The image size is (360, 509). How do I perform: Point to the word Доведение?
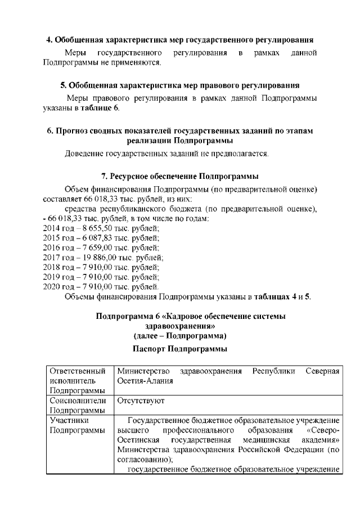(x=85, y=153)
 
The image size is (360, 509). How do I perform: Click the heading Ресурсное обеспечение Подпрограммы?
(x=179, y=176)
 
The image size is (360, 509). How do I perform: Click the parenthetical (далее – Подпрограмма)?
(x=179, y=336)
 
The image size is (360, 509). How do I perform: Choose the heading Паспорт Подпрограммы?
(x=179, y=349)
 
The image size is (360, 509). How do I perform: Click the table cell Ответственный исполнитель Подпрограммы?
(x=78, y=381)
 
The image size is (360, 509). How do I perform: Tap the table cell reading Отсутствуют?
(x=140, y=402)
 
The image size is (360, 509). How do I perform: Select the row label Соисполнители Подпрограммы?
(x=78, y=406)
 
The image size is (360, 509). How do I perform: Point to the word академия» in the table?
(x=318, y=439)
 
